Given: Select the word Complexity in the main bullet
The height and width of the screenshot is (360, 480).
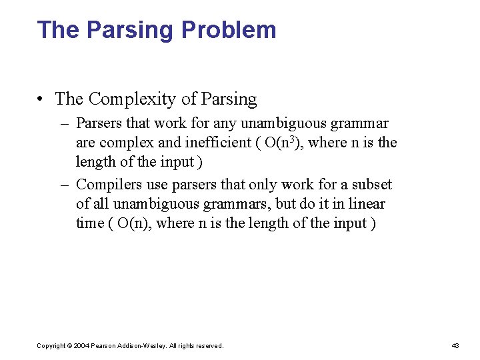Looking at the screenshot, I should click(133, 99).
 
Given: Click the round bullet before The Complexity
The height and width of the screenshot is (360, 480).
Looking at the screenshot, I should click(41, 99).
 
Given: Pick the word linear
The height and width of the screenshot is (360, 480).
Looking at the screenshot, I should click(366, 204).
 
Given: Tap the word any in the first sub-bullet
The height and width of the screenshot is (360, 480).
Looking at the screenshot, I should click(225, 123).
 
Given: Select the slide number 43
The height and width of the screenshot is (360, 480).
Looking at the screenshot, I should click(456, 346).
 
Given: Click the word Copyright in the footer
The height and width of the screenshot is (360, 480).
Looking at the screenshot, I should click(52, 346).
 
